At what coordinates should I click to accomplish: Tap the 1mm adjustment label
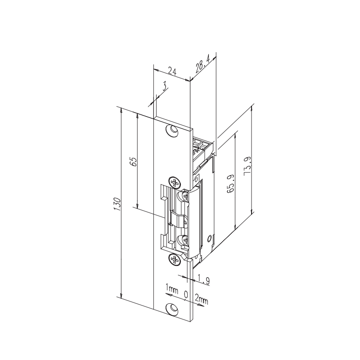pos(171,288)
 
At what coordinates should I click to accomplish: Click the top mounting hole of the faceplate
pos(171,130)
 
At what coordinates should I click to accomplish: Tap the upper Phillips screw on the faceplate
pos(174,182)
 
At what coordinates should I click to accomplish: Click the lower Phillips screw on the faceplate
pos(174,259)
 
